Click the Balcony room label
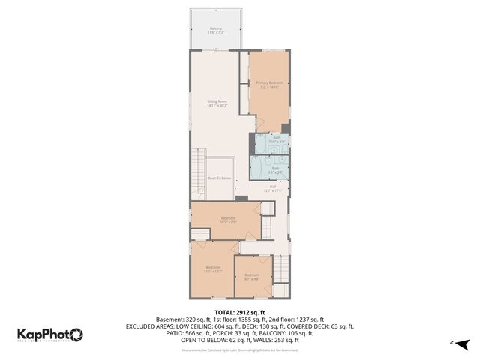[x=215, y=30]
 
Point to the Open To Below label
[x=217, y=178]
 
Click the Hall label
[x=271, y=188]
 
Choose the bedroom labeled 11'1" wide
[x=213, y=269]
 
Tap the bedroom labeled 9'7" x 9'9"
[x=251, y=276]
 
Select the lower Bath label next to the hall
[x=275, y=169]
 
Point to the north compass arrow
[x=463, y=343]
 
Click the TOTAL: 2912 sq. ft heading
[x=240, y=312]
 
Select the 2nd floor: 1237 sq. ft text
[x=295, y=319]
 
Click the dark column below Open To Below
[x=241, y=198]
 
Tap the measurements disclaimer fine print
[x=240, y=349]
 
